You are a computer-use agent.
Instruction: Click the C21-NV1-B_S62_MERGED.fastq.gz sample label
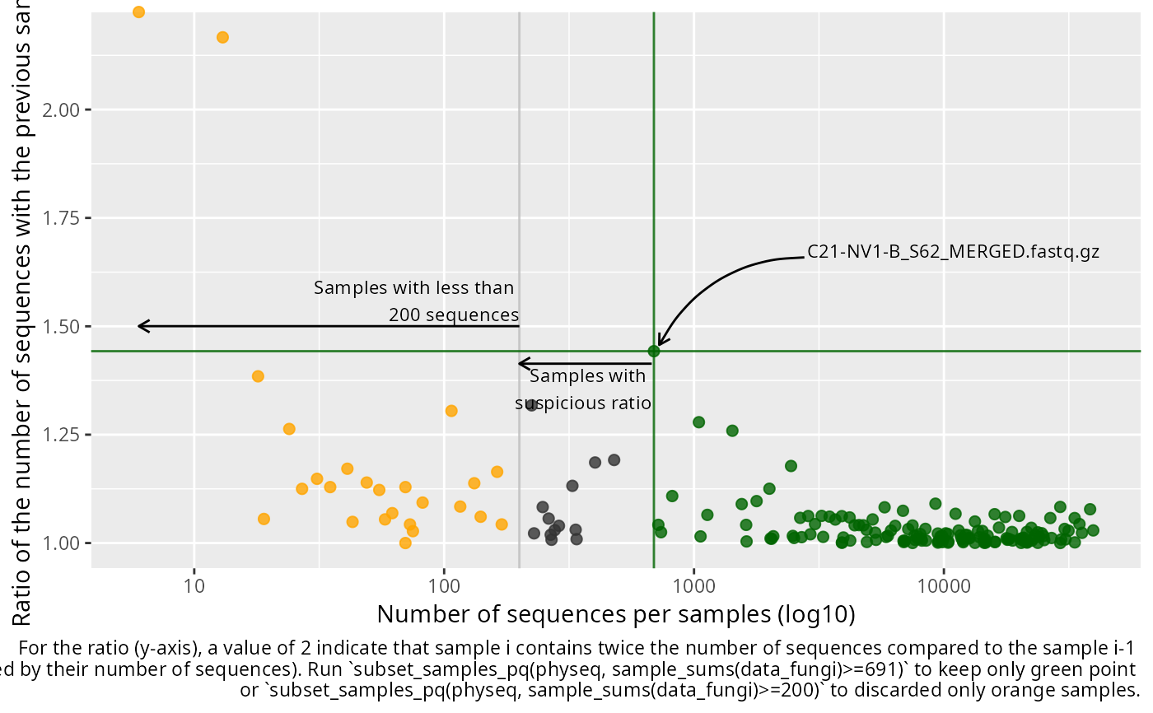click(953, 252)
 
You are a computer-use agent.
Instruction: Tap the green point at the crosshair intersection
click(654, 351)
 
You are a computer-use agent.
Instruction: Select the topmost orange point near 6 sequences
click(138, 12)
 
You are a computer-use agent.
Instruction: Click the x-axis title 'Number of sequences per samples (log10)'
click(615, 614)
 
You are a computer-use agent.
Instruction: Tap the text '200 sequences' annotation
click(454, 315)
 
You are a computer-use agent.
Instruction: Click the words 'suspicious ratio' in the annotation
click(583, 403)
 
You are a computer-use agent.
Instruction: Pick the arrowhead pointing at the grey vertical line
click(520, 363)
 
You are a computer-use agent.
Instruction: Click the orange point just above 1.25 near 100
click(451, 411)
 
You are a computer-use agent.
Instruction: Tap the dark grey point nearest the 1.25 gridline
click(531, 406)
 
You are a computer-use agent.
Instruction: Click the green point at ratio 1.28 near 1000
click(699, 422)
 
